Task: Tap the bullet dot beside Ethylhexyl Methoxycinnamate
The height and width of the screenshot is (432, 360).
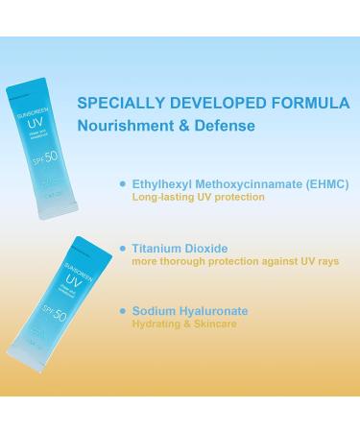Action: tap(121, 182)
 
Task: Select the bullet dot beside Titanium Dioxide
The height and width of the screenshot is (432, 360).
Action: tap(121, 248)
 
